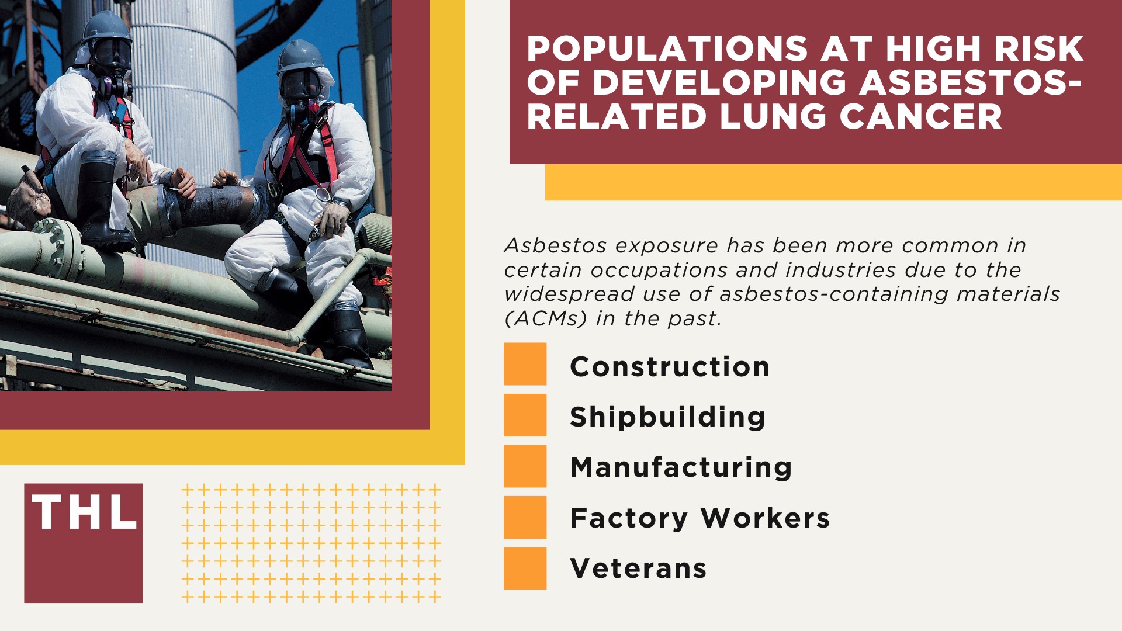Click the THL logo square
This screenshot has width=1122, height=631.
coord(83,543)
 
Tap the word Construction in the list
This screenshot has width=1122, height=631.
coord(670,367)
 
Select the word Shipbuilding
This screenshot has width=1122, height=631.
coord(667,417)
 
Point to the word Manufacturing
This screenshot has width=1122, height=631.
coord(681,467)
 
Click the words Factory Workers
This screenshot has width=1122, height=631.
coord(699,518)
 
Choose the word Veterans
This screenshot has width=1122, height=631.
coord(638,568)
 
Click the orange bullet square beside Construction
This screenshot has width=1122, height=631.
coord(525,364)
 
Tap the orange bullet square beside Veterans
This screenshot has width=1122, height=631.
coord(525,568)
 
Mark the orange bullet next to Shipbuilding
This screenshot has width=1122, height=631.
coord(525,415)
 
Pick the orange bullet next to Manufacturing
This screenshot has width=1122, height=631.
coord(525,466)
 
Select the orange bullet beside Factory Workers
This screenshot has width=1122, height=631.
coord(525,517)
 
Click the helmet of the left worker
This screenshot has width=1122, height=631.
coord(107,27)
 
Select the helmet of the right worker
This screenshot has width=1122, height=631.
coord(300,56)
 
